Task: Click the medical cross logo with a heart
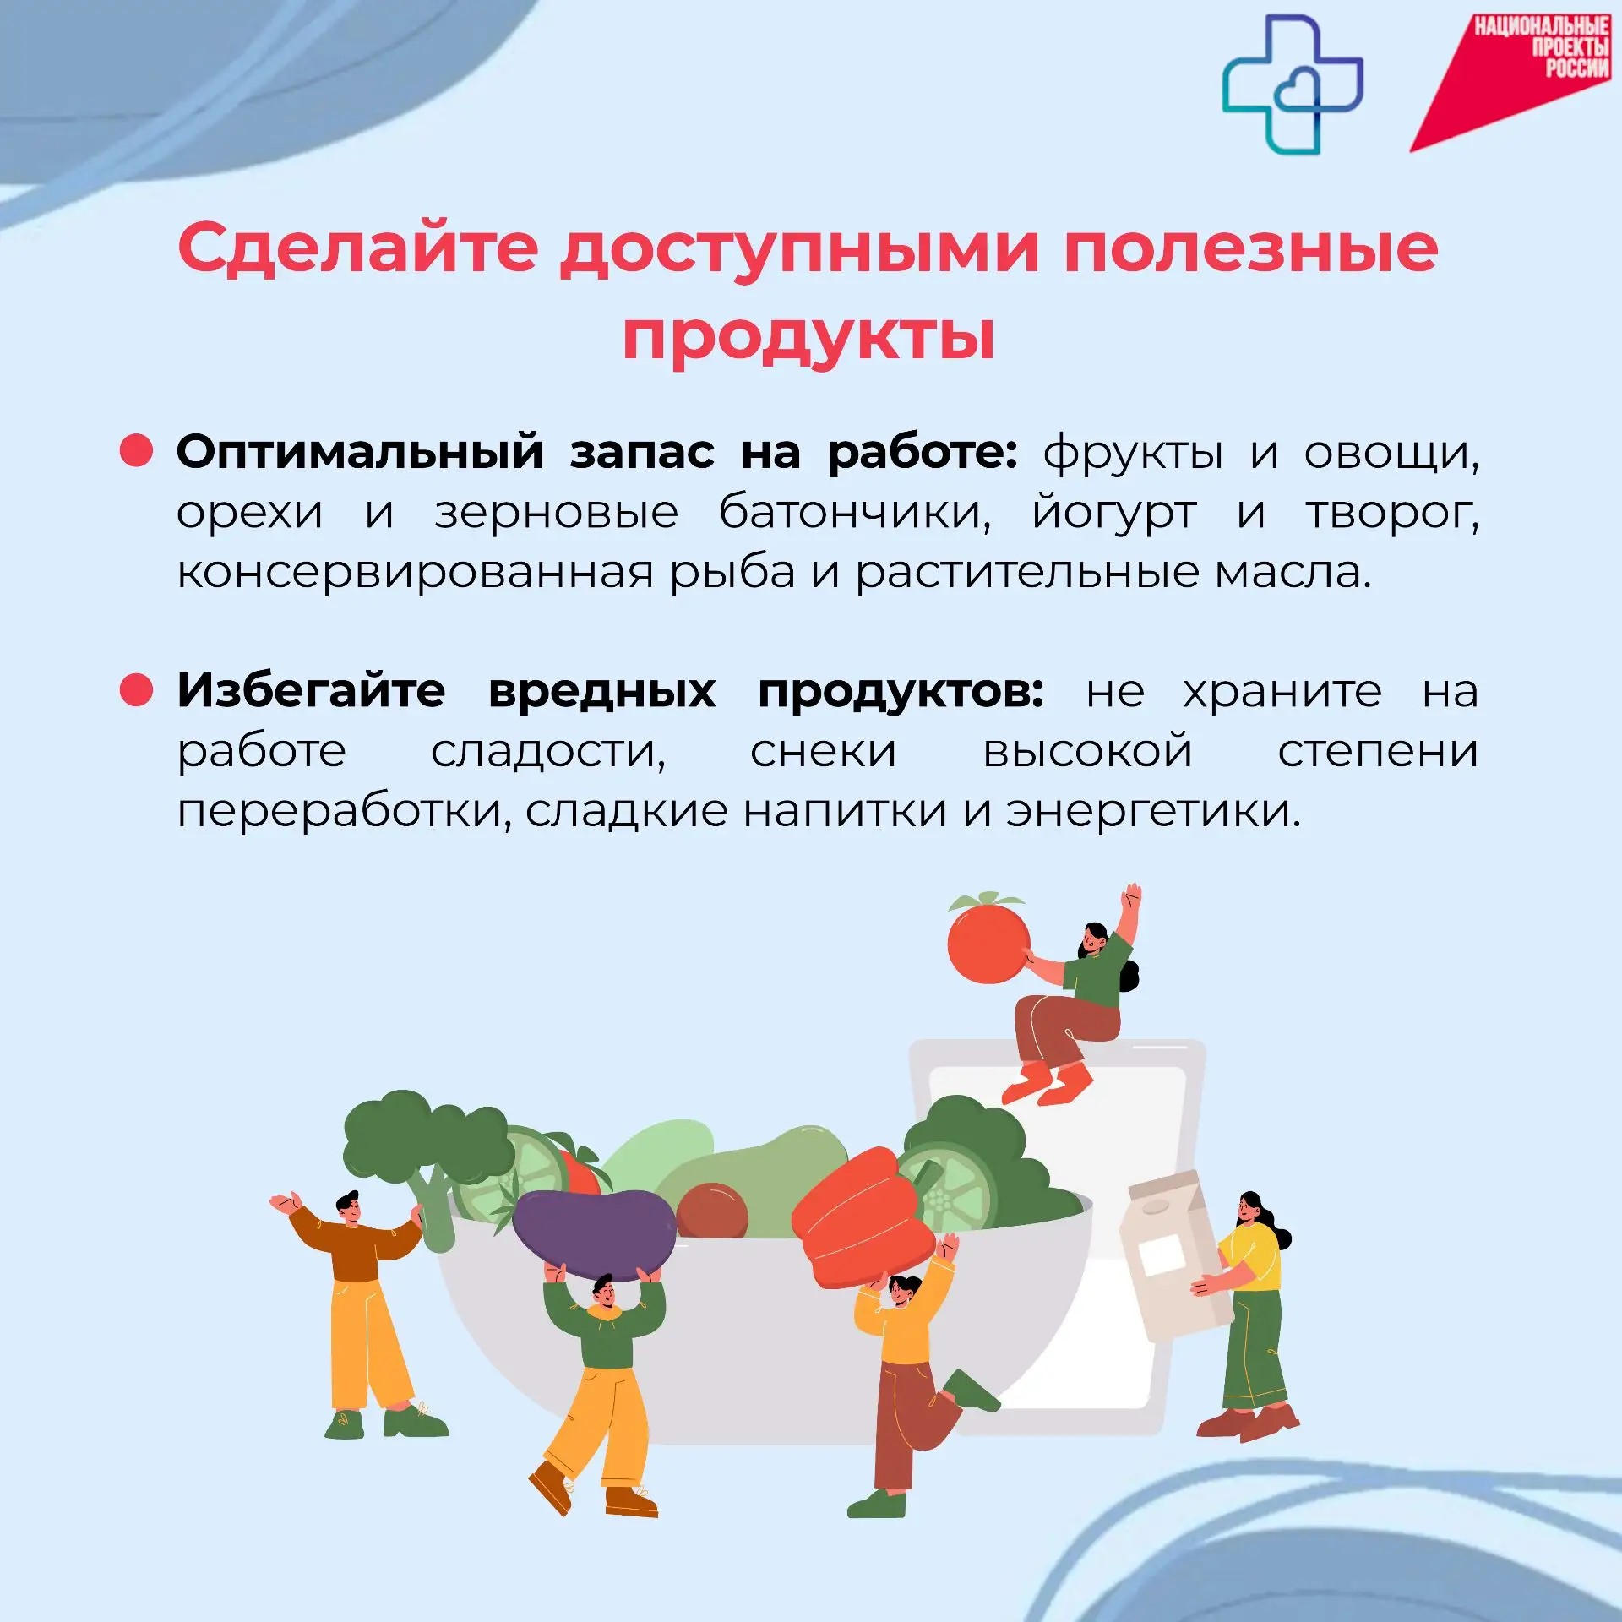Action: (x=1293, y=84)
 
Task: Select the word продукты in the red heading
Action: (x=808, y=339)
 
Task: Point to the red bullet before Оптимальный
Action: (x=136, y=450)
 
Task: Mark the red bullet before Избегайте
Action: (x=136, y=689)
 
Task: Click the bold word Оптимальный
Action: (x=360, y=452)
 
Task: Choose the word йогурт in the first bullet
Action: (x=1114, y=513)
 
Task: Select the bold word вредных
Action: (x=602, y=691)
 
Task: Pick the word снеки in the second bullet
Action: (x=824, y=751)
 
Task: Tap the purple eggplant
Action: (x=594, y=1234)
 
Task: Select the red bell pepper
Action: (x=863, y=1218)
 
